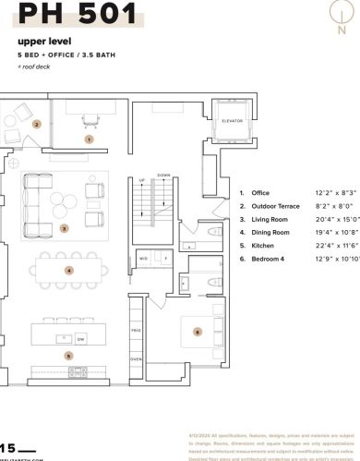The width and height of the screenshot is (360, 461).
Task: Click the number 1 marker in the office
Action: pyautogui.click(x=89, y=139)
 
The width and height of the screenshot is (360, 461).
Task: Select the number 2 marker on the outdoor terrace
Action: pyautogui.click(x=37, y=123)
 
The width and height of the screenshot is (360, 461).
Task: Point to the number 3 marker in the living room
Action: pyautogui.click(x=64, y=227)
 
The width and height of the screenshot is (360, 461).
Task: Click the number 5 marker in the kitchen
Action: pyautogui.click(x=67, y=354)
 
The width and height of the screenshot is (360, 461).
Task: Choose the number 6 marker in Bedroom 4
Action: pyautogui.click(x=197, y=331)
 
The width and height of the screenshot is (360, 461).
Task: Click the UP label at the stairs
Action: pyautogui.click(x=141, y=180)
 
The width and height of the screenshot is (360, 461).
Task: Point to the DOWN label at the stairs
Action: pyautogui.click(x=164, y=175)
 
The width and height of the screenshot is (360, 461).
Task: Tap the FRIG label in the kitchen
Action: pyautogui.click(x=136, y=329)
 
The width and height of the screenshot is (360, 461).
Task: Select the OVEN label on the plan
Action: pyautogui.click(x=136, y=358)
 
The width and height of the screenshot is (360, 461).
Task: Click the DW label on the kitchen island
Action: pyautogui.click(x=81, y=341)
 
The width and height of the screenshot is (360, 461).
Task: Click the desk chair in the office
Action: pyautogui.click(x=89, y=120)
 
